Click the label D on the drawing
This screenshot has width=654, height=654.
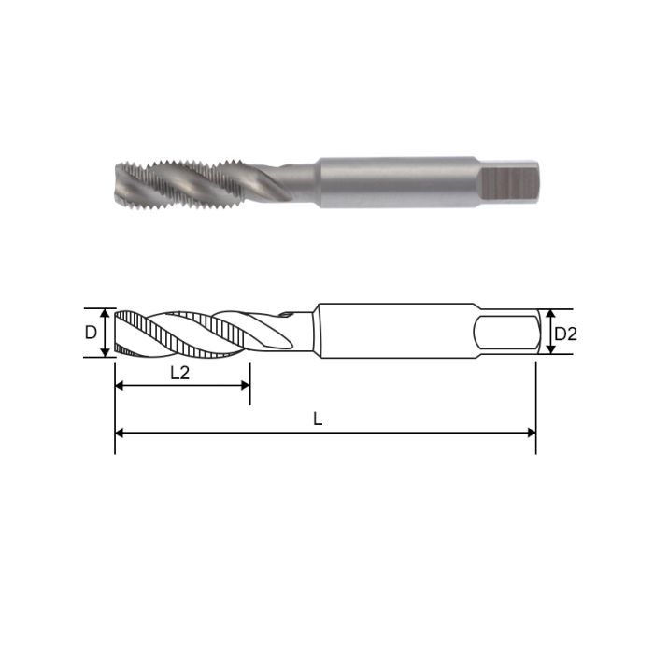[x=91, y=333]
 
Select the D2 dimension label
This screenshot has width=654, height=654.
[x=565, y=333]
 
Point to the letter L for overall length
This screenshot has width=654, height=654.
[x=318, y=420]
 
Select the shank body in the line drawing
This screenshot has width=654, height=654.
[x=392, y=332]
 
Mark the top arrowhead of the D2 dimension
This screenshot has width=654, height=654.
[x=550, y=314]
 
